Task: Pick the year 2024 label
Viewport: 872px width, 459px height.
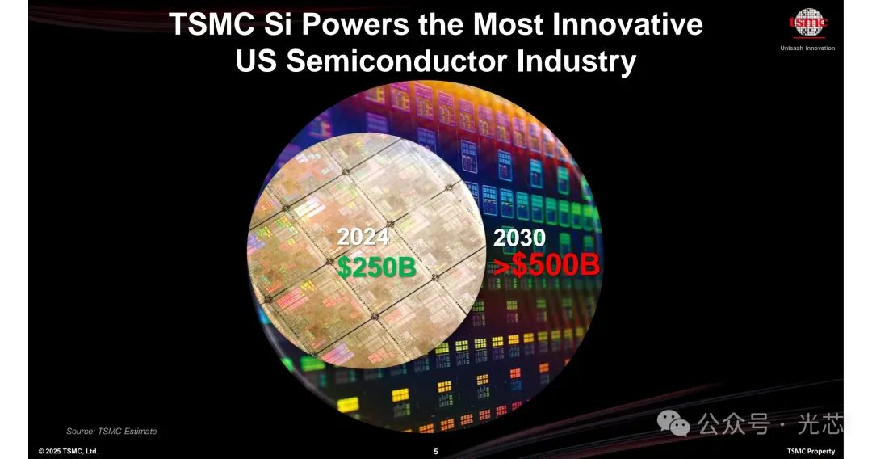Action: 363,237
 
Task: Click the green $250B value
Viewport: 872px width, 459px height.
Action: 377,267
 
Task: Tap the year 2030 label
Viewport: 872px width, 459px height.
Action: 519,238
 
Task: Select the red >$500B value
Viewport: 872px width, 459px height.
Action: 547,265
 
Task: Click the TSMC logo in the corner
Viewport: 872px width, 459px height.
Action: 808,23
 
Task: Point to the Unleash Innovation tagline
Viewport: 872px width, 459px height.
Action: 807,48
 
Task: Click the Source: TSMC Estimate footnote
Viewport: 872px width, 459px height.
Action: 111,432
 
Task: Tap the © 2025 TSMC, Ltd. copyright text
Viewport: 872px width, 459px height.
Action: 68,451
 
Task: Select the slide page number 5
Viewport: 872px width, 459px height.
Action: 436,452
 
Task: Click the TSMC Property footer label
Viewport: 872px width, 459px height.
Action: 811,451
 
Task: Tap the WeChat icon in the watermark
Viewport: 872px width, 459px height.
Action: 673,423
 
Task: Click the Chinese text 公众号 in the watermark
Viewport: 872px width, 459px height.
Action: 734,424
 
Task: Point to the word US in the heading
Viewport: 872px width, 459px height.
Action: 256,61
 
